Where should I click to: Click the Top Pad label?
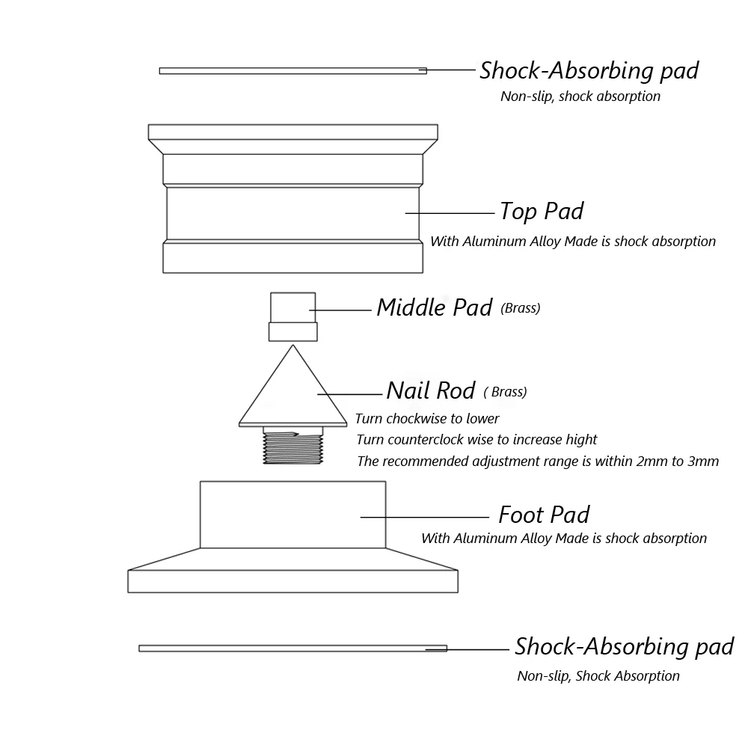click(541, 212)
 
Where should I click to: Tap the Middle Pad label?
click(434, 307)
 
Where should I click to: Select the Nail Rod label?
click(430, 390)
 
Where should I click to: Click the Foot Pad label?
click(544, 515)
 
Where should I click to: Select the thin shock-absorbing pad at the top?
click(292, 71)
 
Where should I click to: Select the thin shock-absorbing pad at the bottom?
click(292, 648)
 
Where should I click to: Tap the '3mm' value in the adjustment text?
click(704, 461)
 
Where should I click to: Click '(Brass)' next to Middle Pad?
click(520, 308)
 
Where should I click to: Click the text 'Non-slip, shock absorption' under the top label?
click(580, 96)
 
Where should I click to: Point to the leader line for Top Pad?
click(450, 213)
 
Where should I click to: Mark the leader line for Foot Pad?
click(425, 516)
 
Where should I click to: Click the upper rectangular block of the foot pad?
click(292, 514)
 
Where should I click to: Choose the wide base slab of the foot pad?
click(292, 581)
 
